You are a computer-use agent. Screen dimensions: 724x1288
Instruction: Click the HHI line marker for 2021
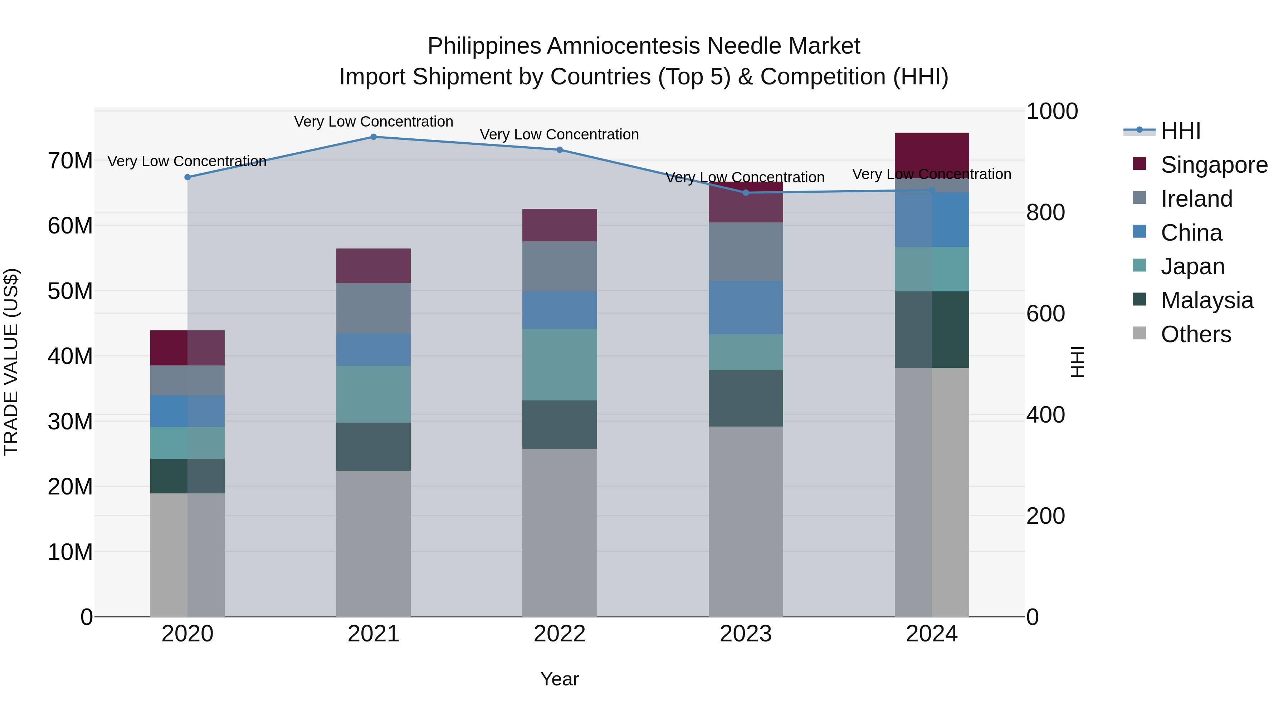[374, 137]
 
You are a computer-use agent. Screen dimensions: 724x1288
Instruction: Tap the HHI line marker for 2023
[746, 193]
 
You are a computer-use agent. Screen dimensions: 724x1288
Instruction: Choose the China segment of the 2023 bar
[746, 307]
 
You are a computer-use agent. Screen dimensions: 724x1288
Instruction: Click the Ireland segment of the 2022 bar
[560, 266]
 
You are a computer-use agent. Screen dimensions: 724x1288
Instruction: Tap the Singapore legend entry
[1214, 165]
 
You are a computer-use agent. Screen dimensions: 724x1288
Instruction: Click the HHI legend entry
[1180, 131]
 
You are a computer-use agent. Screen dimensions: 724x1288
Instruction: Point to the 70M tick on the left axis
[70, 161]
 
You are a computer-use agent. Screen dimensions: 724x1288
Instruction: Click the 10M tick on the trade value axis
[70, 552]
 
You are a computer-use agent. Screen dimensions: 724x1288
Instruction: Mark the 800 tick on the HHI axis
[1045, 212]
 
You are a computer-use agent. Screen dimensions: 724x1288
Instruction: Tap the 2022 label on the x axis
[560, 634]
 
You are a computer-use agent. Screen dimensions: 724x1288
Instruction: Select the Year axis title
[560, 679]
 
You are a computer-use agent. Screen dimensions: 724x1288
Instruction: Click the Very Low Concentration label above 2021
[374, 122]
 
